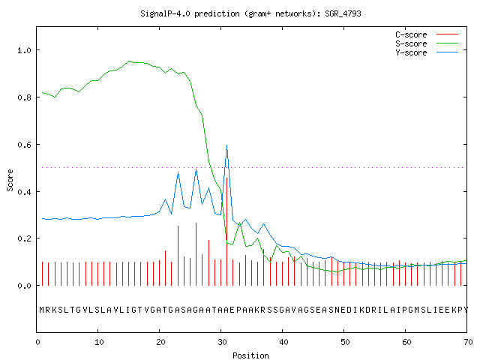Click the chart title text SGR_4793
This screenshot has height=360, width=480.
343,13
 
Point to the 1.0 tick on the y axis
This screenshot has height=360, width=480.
24,50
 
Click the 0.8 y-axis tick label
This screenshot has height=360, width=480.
24,97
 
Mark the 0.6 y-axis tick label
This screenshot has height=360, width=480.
24,145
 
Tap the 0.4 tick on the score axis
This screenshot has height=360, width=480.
24,192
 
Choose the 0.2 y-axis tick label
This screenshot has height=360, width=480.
24,238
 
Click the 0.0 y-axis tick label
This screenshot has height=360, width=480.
24,286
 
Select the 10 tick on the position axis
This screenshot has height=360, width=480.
99,342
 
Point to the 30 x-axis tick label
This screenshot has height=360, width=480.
222,342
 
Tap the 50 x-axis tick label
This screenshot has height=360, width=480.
345,342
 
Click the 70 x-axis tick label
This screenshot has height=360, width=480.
468,342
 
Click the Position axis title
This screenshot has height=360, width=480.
250,355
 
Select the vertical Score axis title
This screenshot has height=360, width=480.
10,180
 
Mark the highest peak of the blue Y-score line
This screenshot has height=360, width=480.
226,145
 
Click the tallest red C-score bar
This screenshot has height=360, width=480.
226,232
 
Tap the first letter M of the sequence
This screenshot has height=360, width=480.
42,310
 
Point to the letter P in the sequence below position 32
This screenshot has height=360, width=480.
238,310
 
